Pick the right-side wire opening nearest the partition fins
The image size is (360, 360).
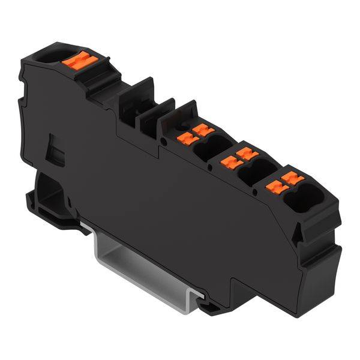206,150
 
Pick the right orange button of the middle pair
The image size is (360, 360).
244,154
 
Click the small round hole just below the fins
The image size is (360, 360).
164,142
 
